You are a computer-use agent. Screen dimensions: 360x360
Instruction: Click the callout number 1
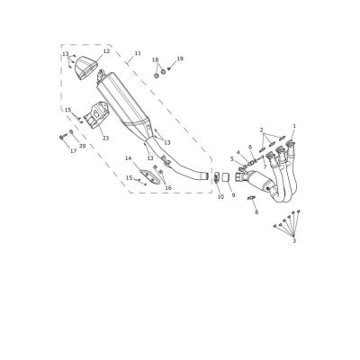click(294, 126)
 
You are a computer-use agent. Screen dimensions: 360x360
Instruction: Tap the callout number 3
click(294, 240)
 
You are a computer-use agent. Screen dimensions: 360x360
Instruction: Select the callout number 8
click(256, 212)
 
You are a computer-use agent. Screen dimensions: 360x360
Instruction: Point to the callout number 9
click(233, 195)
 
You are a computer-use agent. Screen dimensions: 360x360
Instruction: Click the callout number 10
click(220, 197)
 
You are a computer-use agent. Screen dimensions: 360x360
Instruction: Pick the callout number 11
click(138, 53)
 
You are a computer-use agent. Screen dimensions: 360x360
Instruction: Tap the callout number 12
click(106, 51)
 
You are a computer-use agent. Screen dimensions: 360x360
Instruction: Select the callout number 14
click(129, 158)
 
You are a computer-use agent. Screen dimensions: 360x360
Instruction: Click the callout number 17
click(74, 151)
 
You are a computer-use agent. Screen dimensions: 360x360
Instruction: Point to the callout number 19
click(180, 58)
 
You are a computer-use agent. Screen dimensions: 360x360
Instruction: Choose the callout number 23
click(105, 139)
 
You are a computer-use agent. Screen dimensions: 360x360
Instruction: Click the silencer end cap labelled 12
click(86, 68)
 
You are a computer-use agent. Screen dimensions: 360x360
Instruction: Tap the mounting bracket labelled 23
click(96, 114)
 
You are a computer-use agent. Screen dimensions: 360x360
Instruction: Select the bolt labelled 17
click(62, 138)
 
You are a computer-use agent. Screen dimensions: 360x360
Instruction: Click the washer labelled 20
click(71, 131)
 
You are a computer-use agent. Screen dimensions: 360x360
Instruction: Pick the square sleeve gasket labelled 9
click(226, 177)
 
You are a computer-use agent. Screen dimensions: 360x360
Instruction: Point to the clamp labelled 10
click(216, 177)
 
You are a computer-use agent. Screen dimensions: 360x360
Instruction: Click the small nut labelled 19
click(169, 69)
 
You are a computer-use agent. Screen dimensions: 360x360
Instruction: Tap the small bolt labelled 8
click(251, 198)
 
